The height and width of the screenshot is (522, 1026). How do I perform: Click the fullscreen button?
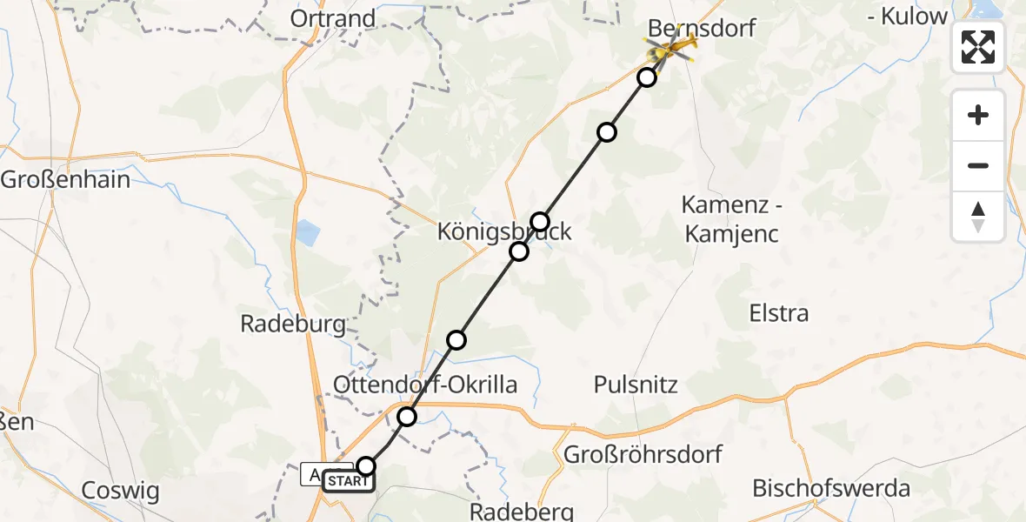pyautogui.click(x=978, y=47)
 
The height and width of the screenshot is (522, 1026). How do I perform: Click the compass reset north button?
pyautogui.click(x=978, y=217)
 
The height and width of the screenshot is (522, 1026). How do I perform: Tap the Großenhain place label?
pyautogui.click(x=65, y=180)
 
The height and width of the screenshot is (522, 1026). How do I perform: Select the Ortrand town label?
pyautogui.click(x=334, y=18)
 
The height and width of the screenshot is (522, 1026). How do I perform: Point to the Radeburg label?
pyautogui.click(x=292, y=325)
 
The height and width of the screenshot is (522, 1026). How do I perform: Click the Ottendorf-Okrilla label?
pyautogui.click(x=425, y=385)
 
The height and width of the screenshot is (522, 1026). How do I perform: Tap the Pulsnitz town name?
pyautogui.click(x=636, y=384)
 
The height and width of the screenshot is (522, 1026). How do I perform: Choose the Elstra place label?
pyautogui.click(x=778, y=313)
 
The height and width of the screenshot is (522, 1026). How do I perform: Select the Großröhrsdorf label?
pyautogui.click(x=643, y=454)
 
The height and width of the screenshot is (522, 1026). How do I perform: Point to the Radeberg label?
pyautogui.click(x=522, y=510)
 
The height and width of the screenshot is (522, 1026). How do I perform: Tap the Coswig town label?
pyautogui.click(x=120, y=491)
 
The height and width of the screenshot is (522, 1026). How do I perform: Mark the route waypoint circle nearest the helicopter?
pyautogui.click(x=647, y=77)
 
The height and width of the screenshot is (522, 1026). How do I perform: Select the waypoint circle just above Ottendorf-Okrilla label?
pyautogui.click(x=456, y=339)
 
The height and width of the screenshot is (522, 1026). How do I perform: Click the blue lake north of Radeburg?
pyautogui.click(x=307, y=233)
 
